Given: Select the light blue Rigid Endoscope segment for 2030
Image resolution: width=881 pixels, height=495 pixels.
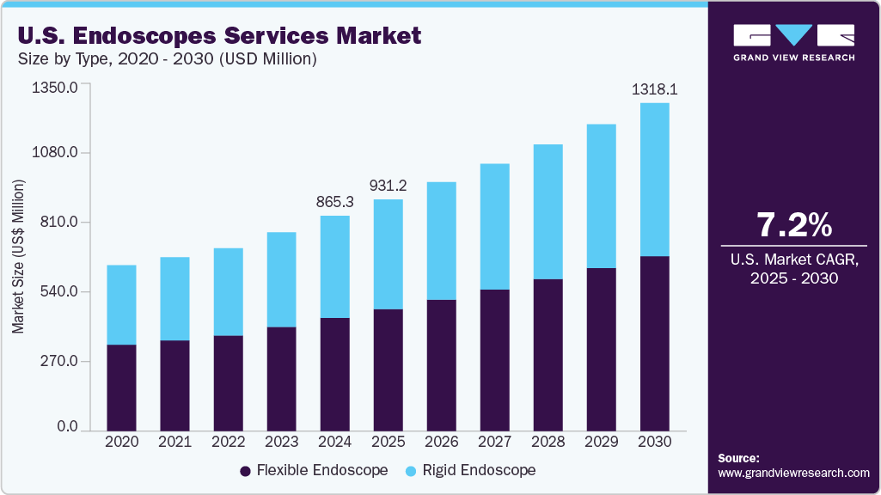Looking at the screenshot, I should [655, 180].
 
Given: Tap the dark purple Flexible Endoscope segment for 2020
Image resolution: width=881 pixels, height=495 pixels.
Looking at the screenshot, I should [122, 387].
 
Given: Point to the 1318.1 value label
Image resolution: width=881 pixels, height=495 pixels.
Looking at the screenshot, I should [655, 89].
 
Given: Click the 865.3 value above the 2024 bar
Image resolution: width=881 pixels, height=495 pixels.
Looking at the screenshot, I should [335, 201].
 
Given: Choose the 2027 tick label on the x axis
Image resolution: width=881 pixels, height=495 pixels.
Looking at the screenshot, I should [495, 441].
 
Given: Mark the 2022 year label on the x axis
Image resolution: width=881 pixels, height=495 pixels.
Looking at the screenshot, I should [229, 441].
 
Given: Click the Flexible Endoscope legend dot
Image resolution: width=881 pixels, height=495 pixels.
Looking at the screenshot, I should [245, 471].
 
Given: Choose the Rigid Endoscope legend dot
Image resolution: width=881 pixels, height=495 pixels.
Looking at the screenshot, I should [412, 471].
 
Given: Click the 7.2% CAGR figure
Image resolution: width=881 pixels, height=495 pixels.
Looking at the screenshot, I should [794, 225].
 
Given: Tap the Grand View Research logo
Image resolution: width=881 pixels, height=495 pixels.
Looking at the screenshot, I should [794, 42].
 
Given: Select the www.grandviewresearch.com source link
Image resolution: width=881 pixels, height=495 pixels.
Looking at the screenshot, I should [793, 473].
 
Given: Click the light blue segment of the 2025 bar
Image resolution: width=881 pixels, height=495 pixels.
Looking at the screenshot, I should [388, 254].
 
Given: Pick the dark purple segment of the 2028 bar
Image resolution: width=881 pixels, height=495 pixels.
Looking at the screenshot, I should [548, 354].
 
